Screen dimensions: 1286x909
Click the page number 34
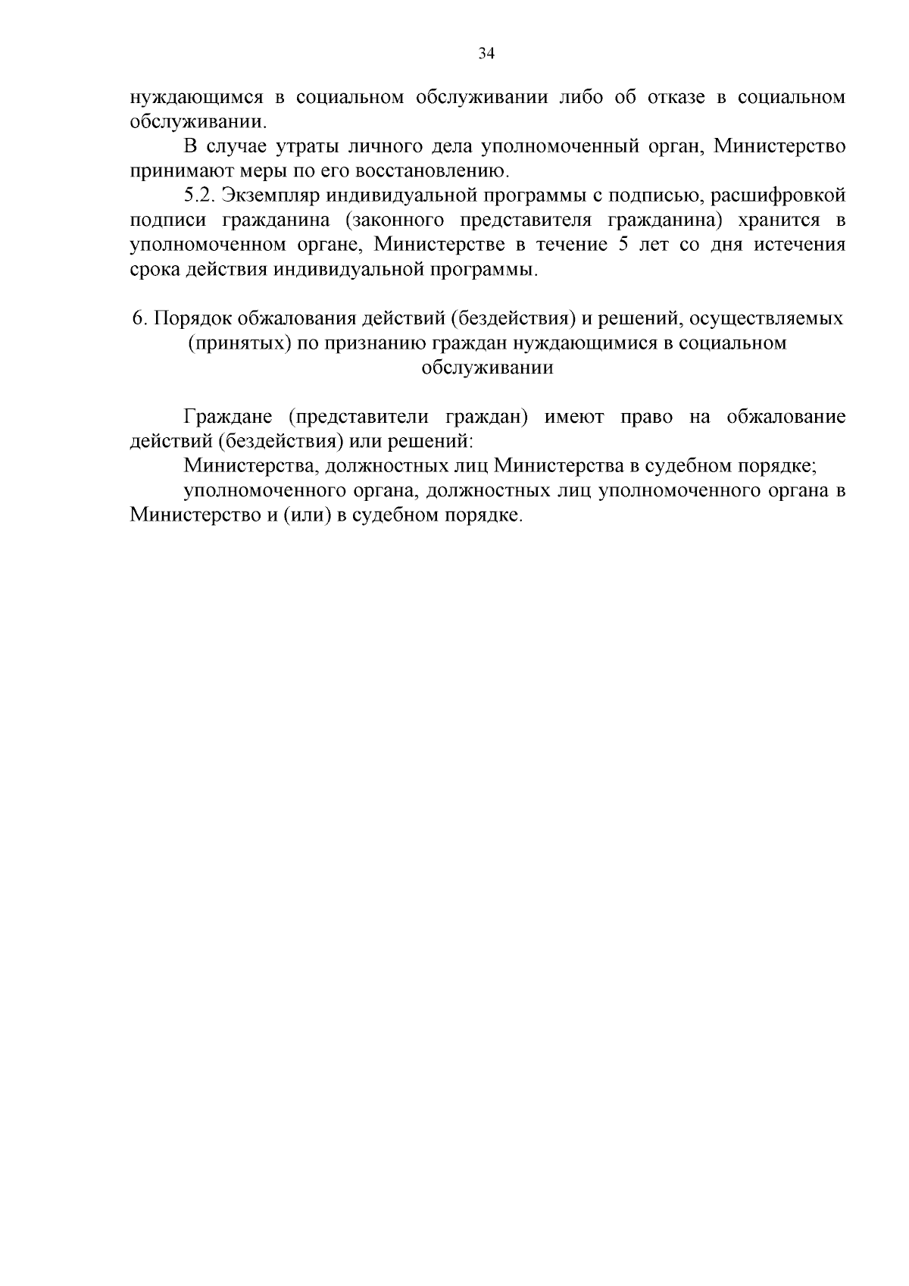click(x=486, y=53)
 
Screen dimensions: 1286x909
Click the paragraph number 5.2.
click(x=200, y=196)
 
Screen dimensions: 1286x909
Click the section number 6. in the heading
click(x=139, y=318)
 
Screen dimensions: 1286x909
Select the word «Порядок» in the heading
click(x=189, y=319)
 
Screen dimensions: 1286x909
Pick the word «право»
click(x=646, y=417)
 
